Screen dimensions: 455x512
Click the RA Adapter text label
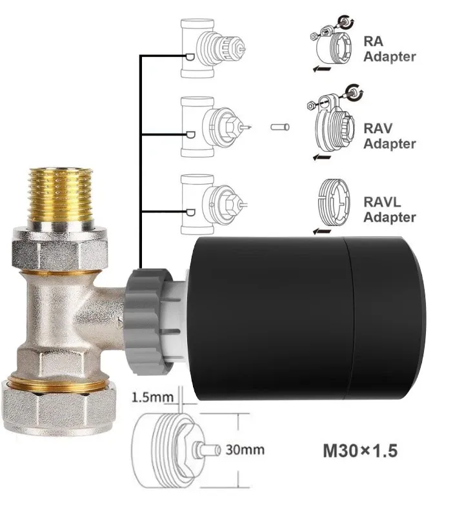coord(389,49)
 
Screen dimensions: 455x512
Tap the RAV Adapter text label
coord(389,136)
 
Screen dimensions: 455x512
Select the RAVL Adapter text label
coord(389,209)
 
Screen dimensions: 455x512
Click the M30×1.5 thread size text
coord(360,451)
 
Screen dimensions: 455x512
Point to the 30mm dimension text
coord(245,449)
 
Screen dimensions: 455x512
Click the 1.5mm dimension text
coord(152,397)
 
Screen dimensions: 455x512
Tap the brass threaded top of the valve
coord(61,194)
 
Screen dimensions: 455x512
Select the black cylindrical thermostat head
coord(305,319)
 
